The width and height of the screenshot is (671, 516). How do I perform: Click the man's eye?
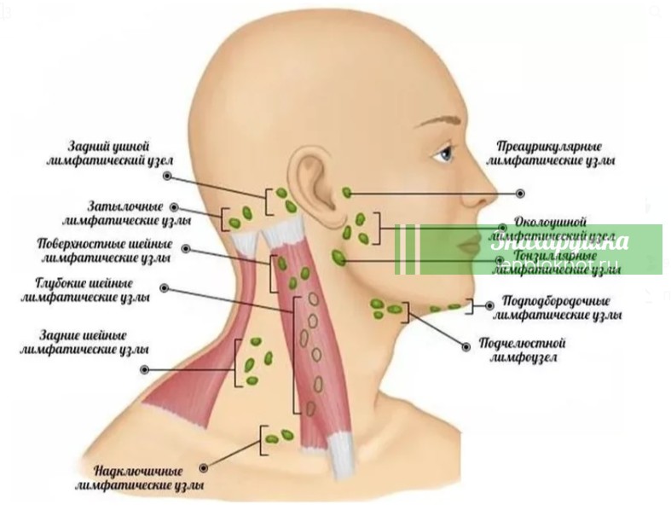(x=443, y=154)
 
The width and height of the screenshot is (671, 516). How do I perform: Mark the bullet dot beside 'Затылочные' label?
(x=175, y=206)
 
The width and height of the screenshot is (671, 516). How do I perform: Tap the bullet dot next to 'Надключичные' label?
(x=205, y=467)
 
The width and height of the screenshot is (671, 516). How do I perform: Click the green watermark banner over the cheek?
(x=529, y=249)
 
